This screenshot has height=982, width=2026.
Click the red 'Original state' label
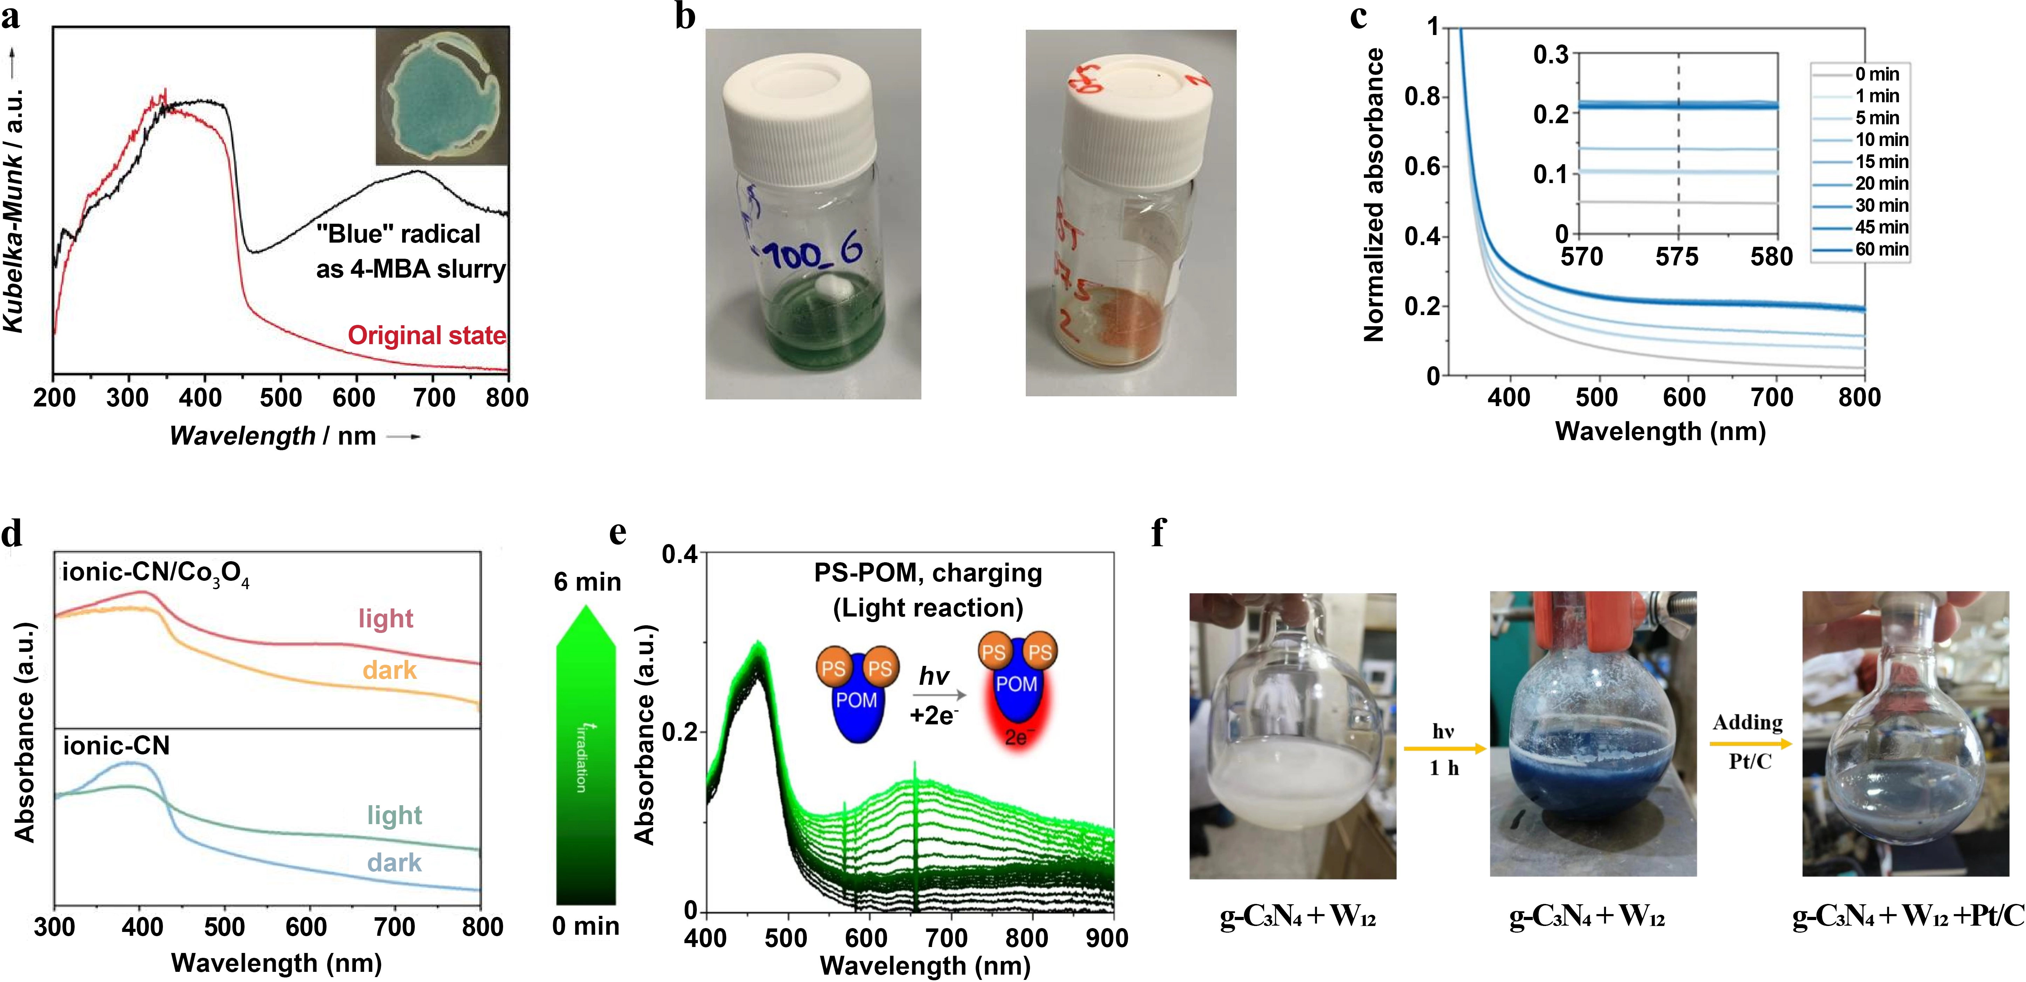tap(427, 336)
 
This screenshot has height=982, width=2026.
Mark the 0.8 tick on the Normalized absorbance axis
tap(1422, 97)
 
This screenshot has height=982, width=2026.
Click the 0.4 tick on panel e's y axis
tap(680, 554)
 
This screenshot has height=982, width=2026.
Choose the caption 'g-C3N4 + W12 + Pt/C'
tap(1907, 916)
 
